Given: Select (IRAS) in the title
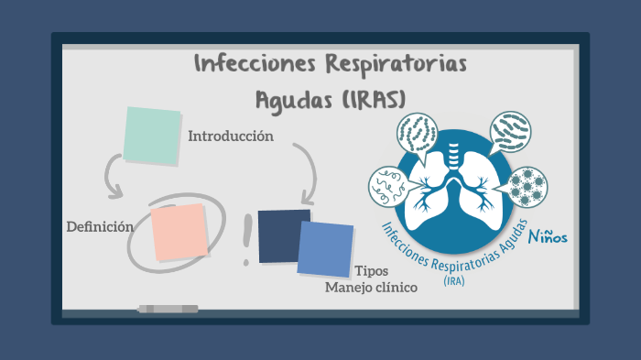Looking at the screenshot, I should [x=372, y=98].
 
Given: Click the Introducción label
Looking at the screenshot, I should [x=231, y=136].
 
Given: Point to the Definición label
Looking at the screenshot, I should [x=100, y=226].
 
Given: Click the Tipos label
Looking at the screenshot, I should [x=371, y=271].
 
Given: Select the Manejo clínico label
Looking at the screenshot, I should [x=372, y=288].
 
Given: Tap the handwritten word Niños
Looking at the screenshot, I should [x=548, y=236].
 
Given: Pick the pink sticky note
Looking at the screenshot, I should [x=179, y=232].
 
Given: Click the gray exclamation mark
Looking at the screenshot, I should [x=246, y=240].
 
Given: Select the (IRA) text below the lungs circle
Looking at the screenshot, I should [x=453, y=281].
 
